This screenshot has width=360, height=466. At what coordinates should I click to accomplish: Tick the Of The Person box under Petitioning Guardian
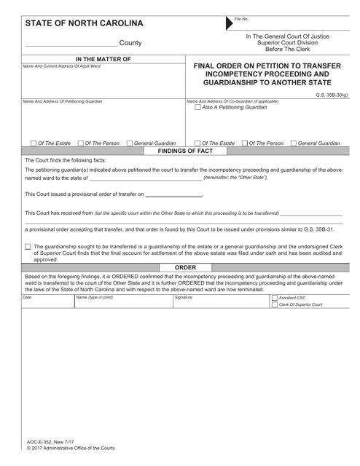(80, 143)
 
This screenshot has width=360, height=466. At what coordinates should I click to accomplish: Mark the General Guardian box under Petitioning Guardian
(130, 143)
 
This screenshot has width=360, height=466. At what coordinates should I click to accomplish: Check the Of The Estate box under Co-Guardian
(196, 143)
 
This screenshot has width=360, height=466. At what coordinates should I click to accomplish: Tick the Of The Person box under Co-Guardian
(244, 143)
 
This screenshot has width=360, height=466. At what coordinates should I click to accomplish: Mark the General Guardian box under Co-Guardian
(294, 143)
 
